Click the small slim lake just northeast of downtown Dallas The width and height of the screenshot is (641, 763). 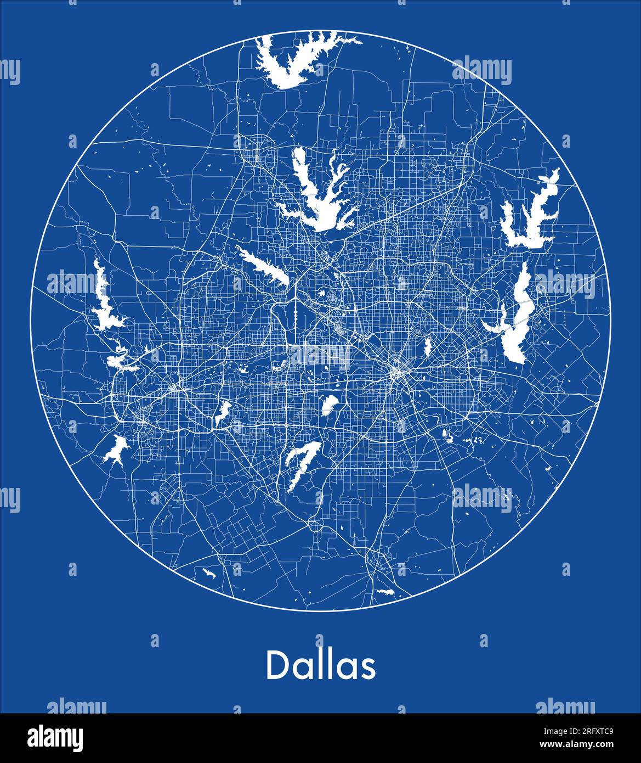point(427,346)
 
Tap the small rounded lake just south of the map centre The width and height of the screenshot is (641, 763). point(329,404)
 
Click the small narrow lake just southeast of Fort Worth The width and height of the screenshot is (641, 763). point(223,412)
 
